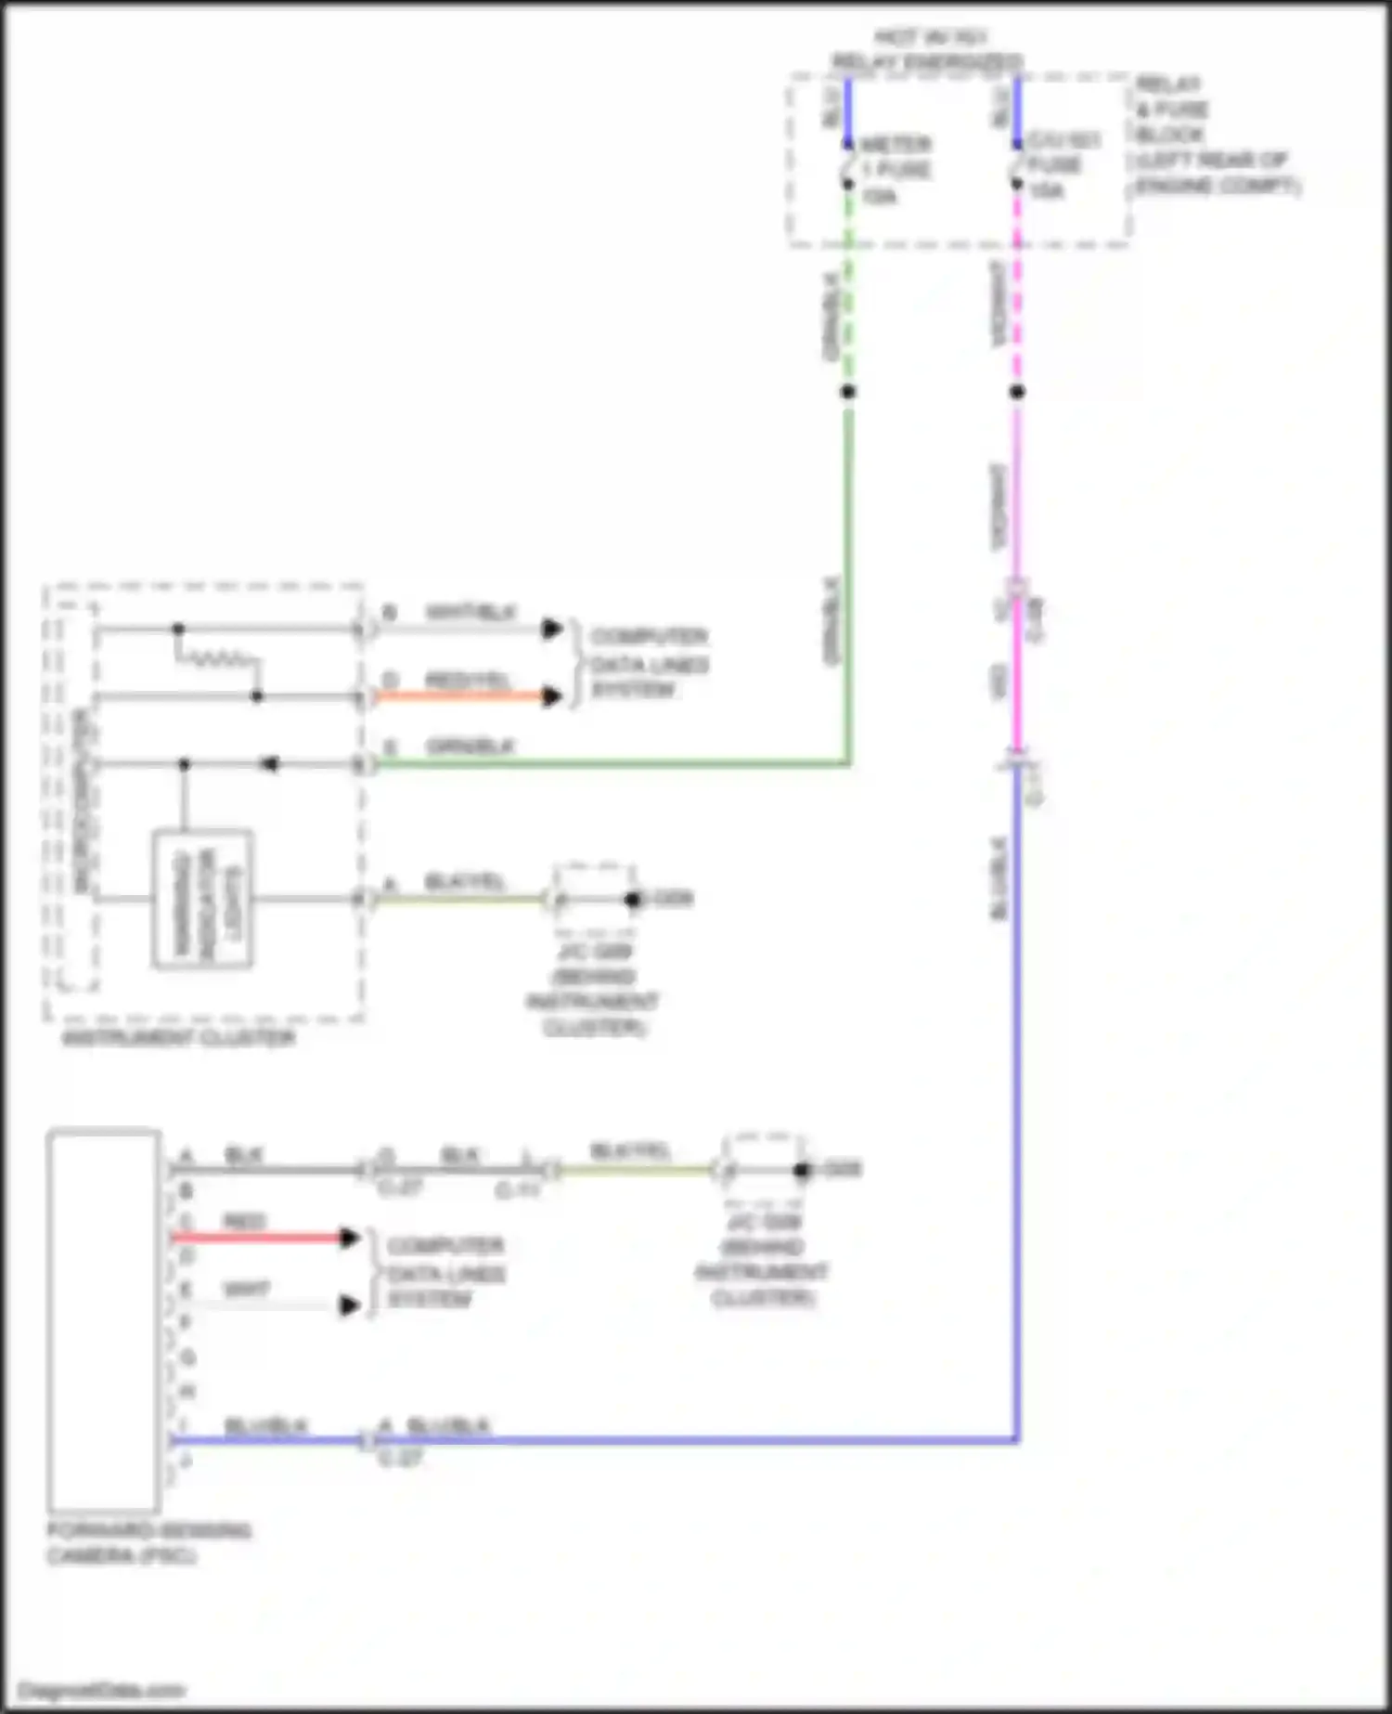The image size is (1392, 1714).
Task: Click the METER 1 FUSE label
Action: click(895, 170)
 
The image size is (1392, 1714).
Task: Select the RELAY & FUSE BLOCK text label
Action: click(1216, 135)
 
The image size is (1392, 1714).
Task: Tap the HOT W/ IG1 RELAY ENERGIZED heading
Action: click(928, 50)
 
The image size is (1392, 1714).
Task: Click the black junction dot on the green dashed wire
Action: click(847, 392)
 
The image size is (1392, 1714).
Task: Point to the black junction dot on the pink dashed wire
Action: click(1017, 392)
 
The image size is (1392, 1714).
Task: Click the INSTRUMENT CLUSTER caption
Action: click(178, 1037)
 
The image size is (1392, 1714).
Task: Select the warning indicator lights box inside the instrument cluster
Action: click(202, 899)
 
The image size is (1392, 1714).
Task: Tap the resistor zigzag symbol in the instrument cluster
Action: click(218, 660)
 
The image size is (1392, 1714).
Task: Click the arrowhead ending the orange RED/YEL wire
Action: click(552, 696)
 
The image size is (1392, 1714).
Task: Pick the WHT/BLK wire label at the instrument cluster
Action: click(470, 613)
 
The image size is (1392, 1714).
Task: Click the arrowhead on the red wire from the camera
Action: click(350, 1237)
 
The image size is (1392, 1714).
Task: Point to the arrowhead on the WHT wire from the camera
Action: click(350, 1305)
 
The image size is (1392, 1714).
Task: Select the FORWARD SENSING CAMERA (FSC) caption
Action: click(148, 1542)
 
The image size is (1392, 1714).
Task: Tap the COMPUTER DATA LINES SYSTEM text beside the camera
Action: click(445, 1272)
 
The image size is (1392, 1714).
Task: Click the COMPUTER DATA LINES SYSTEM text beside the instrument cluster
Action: click(649, 663)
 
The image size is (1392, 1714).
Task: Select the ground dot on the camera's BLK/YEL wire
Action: click(802, 1170)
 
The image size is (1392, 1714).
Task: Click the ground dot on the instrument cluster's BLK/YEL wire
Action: click(633, 899)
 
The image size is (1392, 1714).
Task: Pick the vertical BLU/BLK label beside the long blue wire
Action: click(999, 878)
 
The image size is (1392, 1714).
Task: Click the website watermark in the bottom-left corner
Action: click(101, 1690)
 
